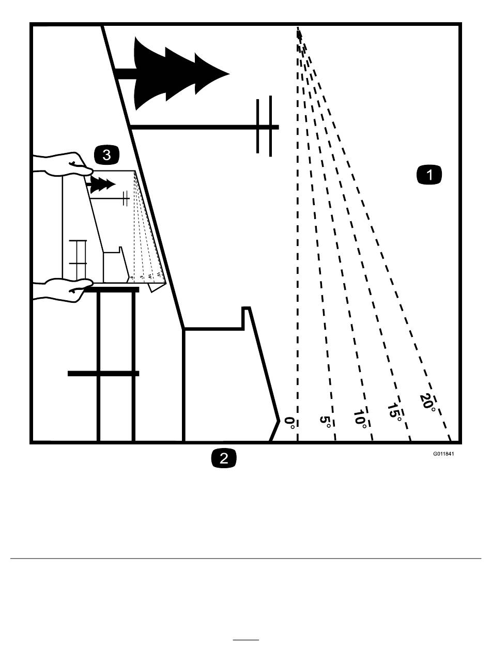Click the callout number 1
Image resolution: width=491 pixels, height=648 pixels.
tap(429, 175)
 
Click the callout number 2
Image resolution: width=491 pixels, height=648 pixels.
tap(224, 458)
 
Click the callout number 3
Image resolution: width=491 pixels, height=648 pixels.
tap(106, 154)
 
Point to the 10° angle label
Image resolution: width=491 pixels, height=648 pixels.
tap(360, 417)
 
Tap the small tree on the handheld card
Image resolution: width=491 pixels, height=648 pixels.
tap(102, 185)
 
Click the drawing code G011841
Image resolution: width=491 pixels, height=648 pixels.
tap(443, 455)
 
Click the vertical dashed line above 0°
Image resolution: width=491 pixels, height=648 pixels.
tap(298, 233)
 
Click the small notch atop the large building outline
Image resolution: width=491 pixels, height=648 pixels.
tap(246, 312)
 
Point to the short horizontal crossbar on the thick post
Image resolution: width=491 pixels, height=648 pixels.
tap(103, 373)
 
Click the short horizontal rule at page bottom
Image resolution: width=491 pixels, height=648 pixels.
tap(245, 640)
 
